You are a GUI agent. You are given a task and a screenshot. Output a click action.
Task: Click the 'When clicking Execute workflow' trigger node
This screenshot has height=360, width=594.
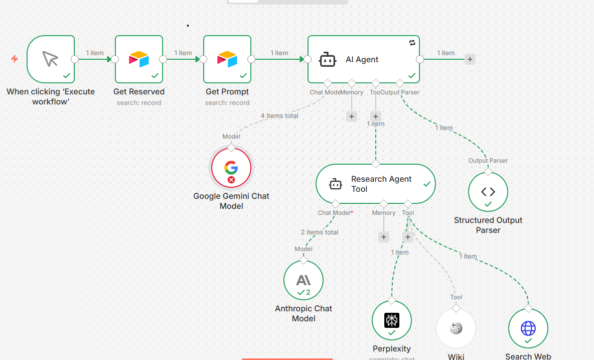coord(50,59)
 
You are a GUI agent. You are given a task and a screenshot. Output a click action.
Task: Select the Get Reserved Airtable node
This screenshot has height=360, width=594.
coord(138,59)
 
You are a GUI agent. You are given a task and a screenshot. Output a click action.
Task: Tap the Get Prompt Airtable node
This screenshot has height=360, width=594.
coord(227,59)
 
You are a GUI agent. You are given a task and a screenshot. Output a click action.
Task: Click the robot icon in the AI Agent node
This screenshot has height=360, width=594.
coord(328,60)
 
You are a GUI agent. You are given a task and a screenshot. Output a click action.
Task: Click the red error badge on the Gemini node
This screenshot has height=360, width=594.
coord(231,179)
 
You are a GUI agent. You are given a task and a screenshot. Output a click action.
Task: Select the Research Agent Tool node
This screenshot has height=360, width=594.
coord(375,184)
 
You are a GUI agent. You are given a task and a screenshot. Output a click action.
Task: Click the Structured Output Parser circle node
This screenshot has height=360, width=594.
coord(488,192)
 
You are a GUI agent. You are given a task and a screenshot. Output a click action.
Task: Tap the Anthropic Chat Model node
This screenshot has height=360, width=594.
coord(303,280)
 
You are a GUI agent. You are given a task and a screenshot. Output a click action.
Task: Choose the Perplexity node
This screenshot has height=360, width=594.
coord(391,320)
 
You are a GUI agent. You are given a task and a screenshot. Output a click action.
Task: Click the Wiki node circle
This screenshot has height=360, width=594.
coord(456,328)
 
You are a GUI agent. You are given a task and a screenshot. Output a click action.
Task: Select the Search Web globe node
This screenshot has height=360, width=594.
coord(528,328)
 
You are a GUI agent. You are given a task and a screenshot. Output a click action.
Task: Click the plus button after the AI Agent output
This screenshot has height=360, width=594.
coord(470,59)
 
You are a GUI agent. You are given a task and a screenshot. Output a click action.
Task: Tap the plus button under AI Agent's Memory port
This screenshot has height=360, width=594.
coord(351,116)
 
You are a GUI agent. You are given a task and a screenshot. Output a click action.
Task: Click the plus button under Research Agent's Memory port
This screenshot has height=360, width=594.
coord(383,237)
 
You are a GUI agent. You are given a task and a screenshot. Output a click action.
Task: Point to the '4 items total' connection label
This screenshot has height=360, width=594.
coord(279,116)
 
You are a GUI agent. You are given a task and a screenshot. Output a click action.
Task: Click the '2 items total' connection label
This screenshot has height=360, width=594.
coord(320,232)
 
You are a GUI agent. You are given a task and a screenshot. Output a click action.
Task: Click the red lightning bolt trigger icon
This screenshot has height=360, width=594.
coord(15,59)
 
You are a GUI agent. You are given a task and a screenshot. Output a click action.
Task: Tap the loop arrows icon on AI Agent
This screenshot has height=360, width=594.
coord(412,43)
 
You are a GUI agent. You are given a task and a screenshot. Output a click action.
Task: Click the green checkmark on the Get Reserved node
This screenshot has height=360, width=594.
coord(155,75)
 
